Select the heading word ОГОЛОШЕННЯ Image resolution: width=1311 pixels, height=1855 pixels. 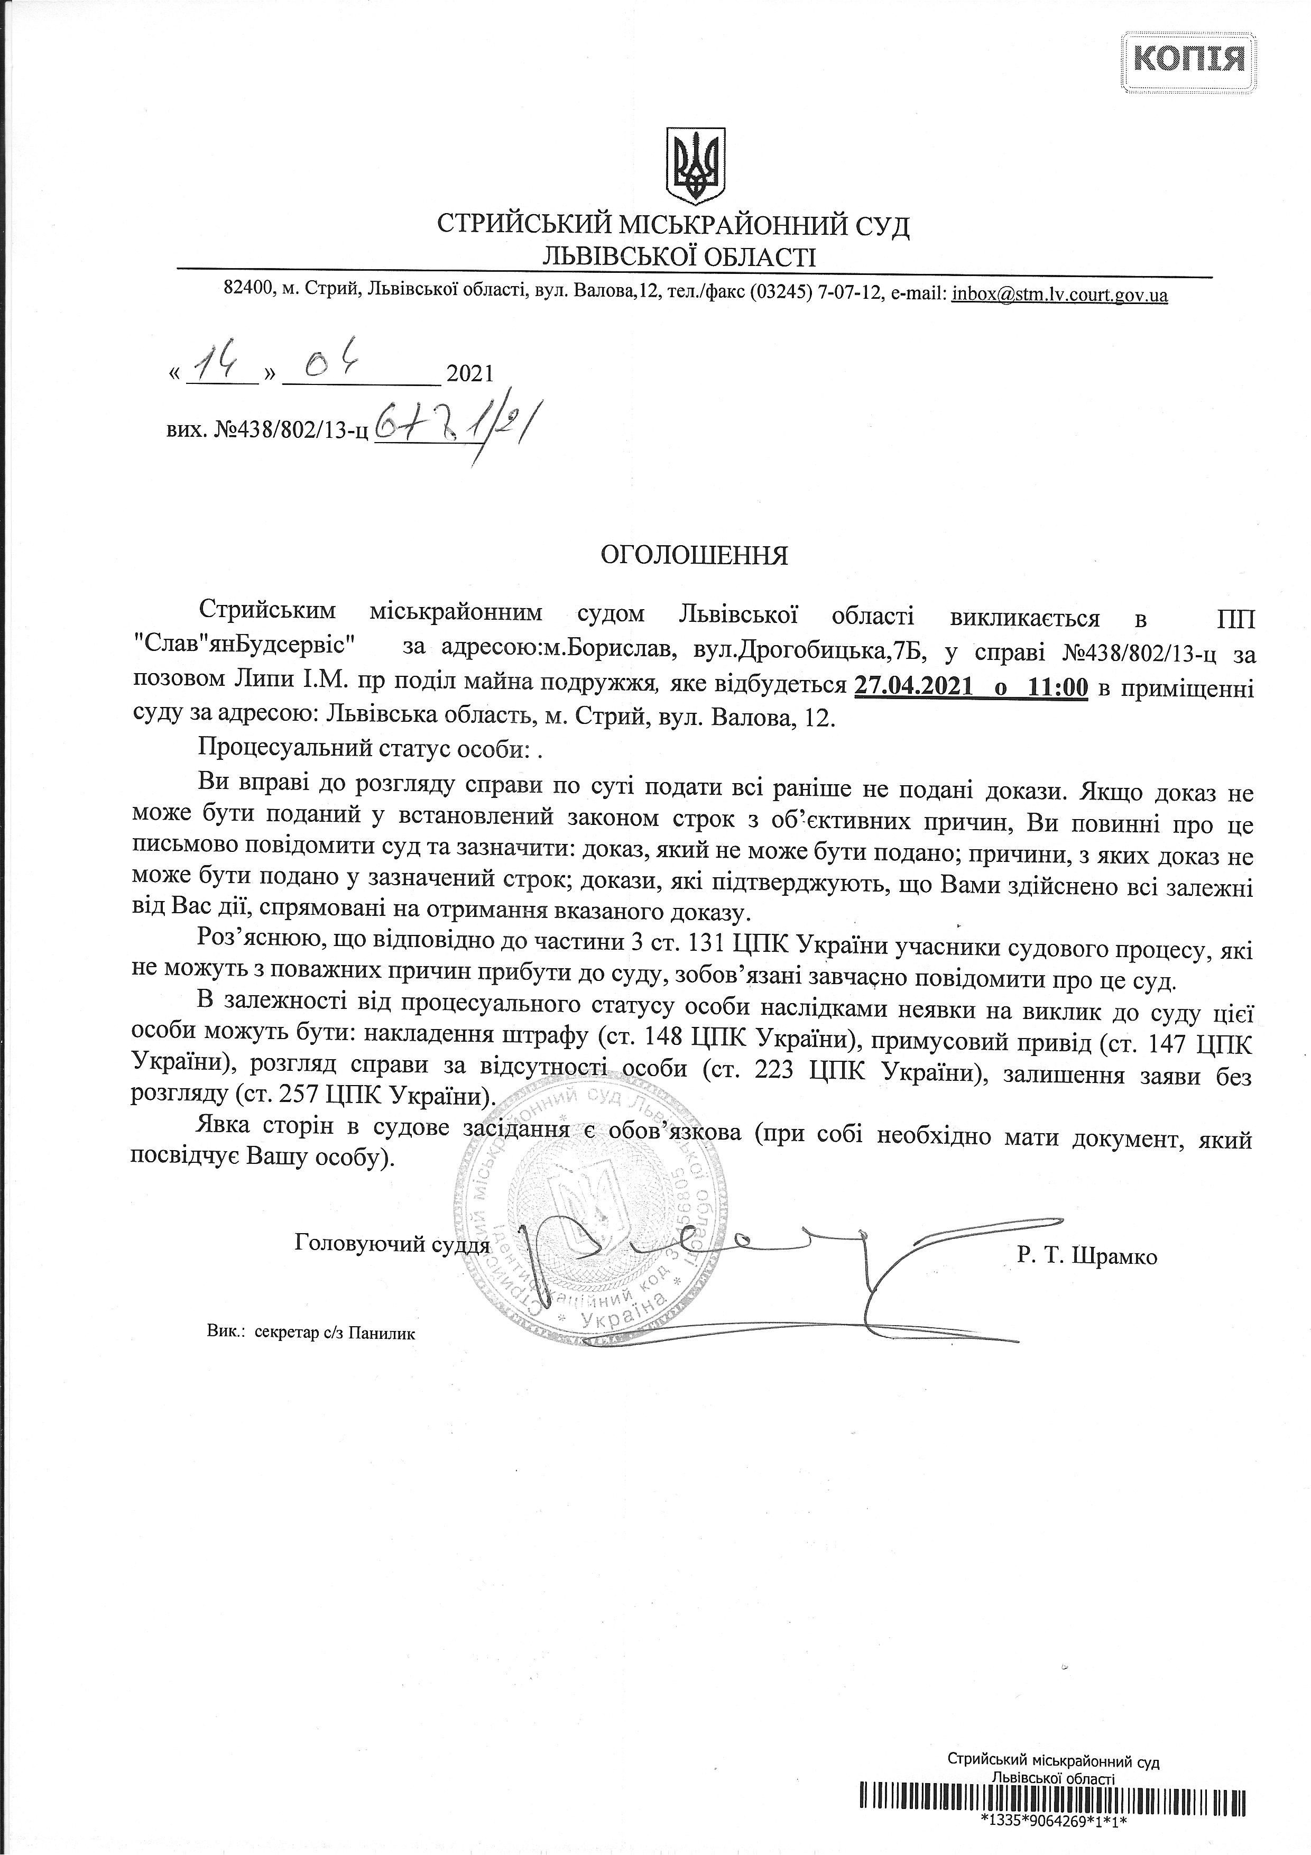694,556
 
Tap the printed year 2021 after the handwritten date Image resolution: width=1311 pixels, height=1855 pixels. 469,374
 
